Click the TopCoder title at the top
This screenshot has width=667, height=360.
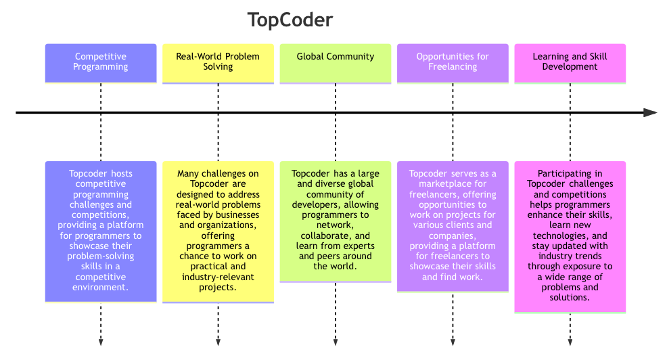coord(290,20)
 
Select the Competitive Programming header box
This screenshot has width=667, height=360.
coord(101,63)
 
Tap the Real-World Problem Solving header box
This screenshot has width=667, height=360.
coord(218,63)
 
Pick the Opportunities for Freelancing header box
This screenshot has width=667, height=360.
coord(453,63)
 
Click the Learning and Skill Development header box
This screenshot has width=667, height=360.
coord(570,63)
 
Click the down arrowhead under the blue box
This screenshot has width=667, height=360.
coord(101,342)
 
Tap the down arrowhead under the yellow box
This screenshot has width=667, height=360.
coord(218,342)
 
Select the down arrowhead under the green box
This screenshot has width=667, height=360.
coord(336,342)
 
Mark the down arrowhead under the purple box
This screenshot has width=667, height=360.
coord(453,342)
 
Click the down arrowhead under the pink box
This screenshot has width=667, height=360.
coord(570,342)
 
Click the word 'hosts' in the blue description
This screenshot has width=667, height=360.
coord(122,174)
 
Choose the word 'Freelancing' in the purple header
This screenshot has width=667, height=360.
coord(453,67)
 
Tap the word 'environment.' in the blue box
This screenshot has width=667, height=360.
coord(101,288)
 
